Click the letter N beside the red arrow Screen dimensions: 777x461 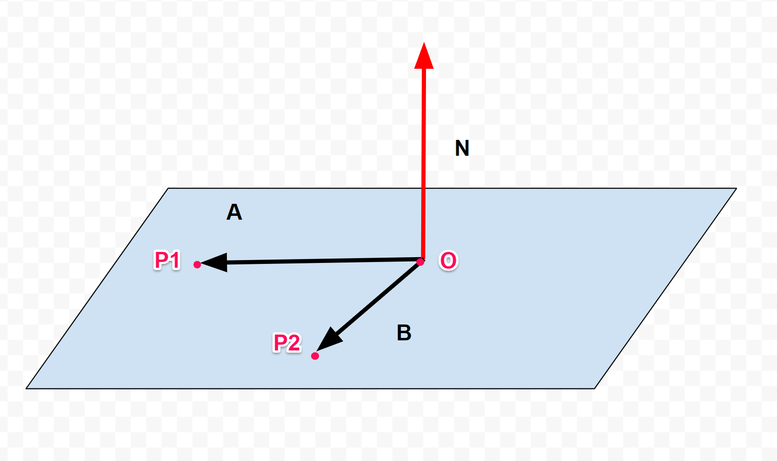coord(462,148)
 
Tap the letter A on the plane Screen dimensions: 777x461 coord(234,212)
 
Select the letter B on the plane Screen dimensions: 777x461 coord(404,333)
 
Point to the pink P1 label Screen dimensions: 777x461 coord(167,260)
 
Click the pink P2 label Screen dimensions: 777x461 coord(287,343)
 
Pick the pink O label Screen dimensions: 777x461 coord(449,261)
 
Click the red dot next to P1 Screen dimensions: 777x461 coord(197,264)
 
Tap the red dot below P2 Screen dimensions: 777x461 coord(315,356)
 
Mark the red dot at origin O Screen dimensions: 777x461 coord(420,262)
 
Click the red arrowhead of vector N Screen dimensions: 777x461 coord(424,57)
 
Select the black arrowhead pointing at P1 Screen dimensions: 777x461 coord(214,262)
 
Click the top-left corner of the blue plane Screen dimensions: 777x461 coord(168,188)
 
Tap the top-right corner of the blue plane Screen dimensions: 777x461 coord(736,188)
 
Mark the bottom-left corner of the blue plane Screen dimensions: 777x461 coord(26,388)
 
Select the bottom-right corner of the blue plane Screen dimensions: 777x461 coord(595,388)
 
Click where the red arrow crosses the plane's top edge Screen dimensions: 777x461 coord(424,188)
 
